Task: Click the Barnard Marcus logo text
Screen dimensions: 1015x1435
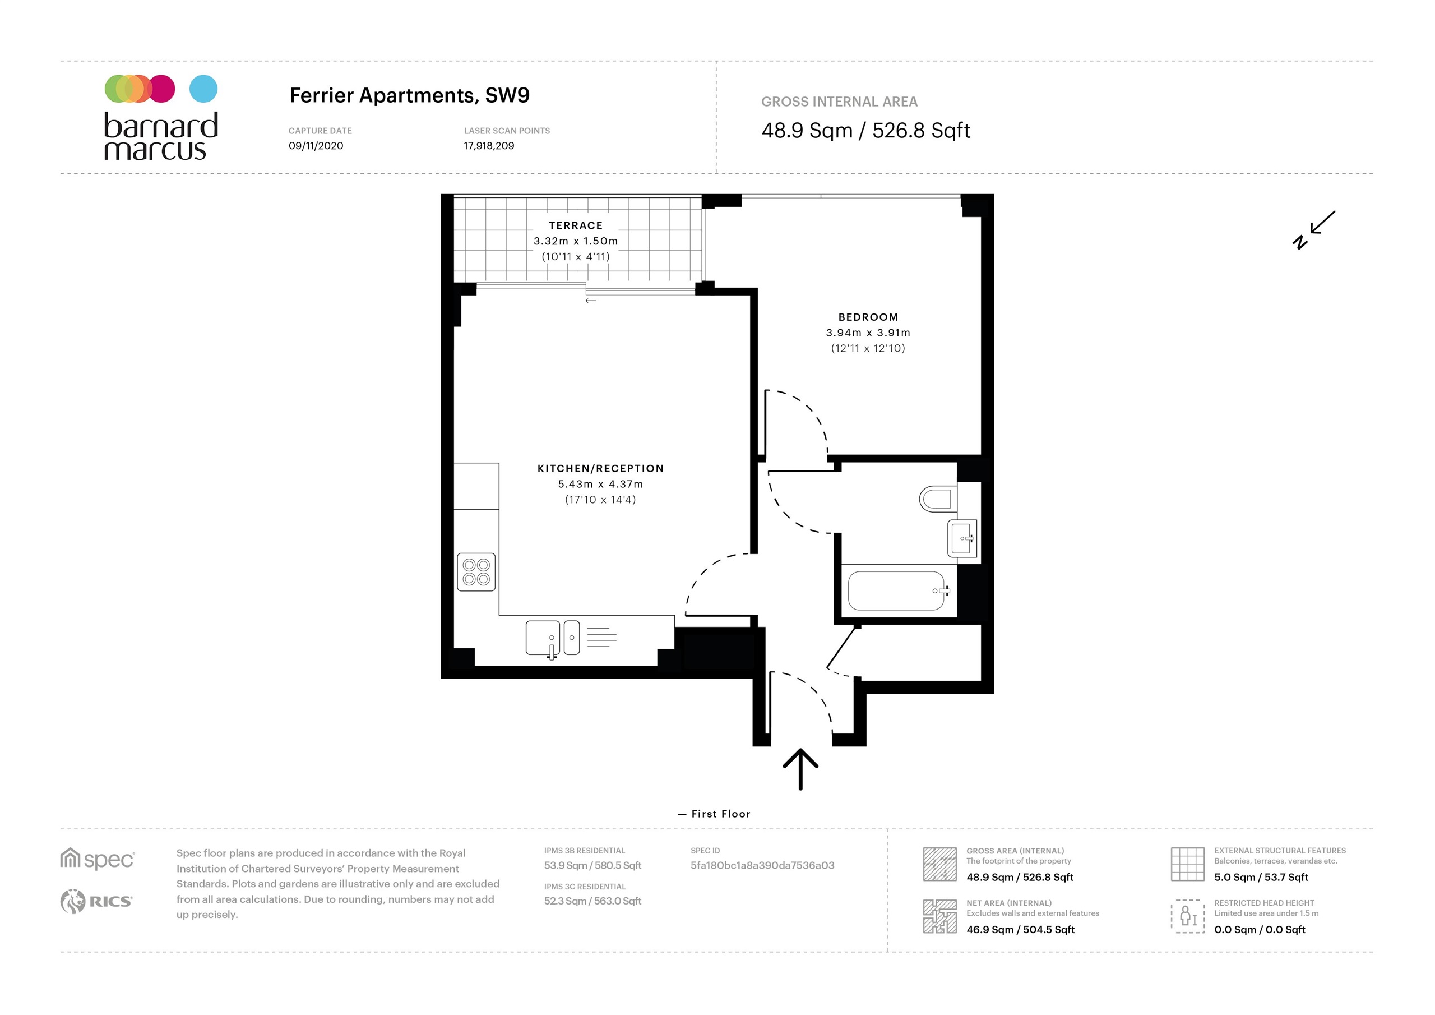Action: [161, 136]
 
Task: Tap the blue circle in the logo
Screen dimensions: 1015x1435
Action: [203, 89]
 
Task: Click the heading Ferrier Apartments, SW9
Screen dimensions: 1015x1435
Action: [409, 95]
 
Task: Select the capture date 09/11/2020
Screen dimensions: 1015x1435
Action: [316, 146]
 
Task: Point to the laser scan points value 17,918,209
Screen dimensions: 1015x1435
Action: [489, 146]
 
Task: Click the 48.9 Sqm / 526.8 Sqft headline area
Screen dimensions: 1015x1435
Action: [865, 131]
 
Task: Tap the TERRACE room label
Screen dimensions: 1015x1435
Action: [576, 225]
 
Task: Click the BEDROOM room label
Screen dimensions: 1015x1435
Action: [868, 317]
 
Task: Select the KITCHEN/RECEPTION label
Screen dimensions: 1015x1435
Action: [600, 468]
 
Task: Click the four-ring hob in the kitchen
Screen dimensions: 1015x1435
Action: [476, 571]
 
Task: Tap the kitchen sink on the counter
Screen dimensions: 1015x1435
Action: [543, 636]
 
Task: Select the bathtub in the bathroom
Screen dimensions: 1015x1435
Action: [896, 590]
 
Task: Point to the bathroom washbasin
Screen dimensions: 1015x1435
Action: [962, 538]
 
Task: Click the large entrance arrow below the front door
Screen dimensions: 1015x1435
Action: [800, 769]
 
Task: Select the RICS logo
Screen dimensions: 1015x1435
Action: [96, 901]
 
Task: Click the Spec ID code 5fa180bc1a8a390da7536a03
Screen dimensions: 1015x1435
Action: [762, 865]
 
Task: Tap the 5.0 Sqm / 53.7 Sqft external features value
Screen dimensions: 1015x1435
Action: [1261, 877]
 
